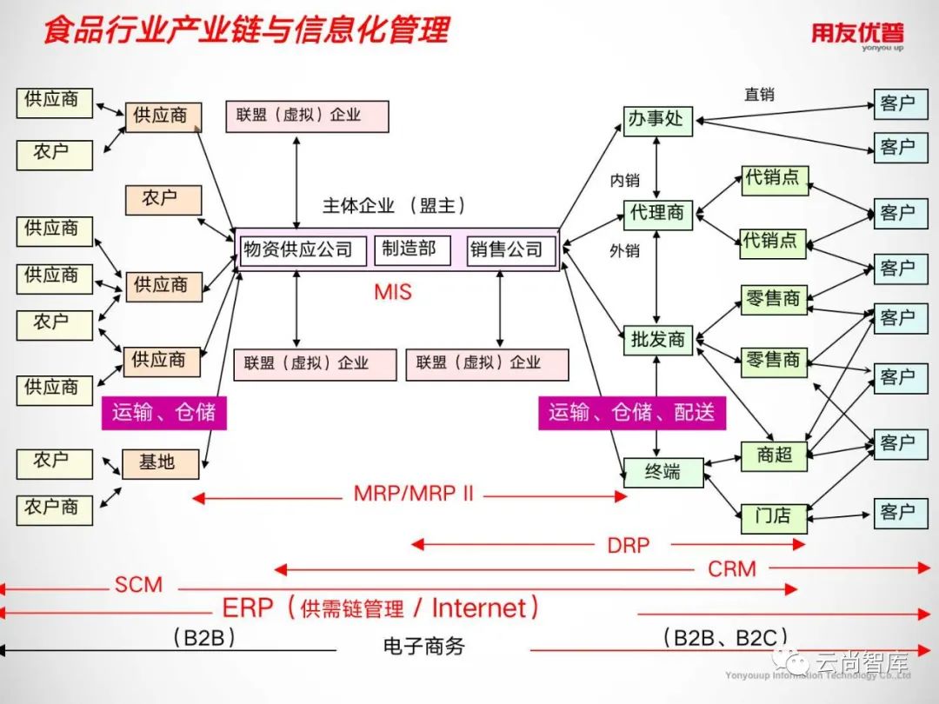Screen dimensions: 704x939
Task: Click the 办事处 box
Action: tap(657, 120)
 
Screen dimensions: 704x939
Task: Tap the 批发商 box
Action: tap(657, 340)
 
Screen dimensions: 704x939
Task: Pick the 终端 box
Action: tap(663, 473)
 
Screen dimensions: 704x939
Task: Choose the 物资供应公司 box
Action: tap(298, 250)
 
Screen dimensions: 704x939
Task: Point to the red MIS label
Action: tap(393, 292)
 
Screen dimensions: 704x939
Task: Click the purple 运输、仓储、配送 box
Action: tap(631, 413)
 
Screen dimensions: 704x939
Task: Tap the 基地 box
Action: tap(160, 463)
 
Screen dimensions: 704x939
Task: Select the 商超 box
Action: tap(774, 455)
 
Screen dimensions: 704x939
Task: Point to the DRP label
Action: tap(628, 546)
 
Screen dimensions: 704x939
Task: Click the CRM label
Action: tap(732, 569)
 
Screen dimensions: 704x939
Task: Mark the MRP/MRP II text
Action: tap(414, 495)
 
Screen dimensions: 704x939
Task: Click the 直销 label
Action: tap(759, 95)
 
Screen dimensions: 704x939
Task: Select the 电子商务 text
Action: tap(423, 648)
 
